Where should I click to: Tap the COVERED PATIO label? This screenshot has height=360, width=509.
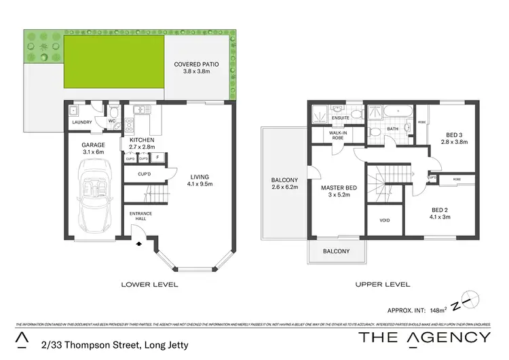tap(195, 69)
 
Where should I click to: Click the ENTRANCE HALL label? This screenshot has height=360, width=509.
tap(141, 217)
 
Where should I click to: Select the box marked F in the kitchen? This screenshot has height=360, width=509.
tap(157, 158)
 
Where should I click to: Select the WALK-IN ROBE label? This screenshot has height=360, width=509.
tap(337, 134)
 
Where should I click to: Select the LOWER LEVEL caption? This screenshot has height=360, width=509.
tap(149, 285)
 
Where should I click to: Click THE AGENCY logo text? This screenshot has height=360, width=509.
tap(424, 338)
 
